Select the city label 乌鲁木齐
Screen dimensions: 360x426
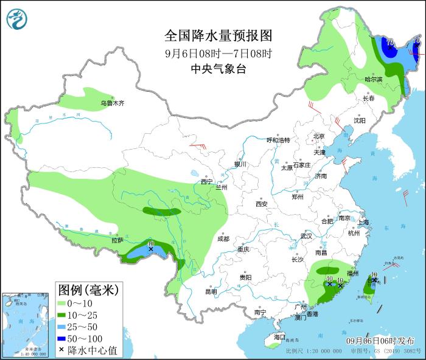click(x=113, y=103)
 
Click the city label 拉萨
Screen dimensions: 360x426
click(x=117, y=241)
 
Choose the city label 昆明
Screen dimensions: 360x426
click(x=211, y=291)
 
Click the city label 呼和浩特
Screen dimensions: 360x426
click(x=279, y=140)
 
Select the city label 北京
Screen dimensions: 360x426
click(x=319, y=136)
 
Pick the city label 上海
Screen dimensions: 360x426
click(x=364, y=223)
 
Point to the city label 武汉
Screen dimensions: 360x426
click(x=306, y=236)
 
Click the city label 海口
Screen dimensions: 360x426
click(x=279, y=337)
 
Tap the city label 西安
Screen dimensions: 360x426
click(x=262, y=204)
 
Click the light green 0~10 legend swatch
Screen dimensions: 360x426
click(x=64, y=303)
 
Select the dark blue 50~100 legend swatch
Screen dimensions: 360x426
click(x=64, y=337)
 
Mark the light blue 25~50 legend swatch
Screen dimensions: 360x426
click(x=64, y=326)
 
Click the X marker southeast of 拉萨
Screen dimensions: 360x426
click(x=150, y=249)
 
